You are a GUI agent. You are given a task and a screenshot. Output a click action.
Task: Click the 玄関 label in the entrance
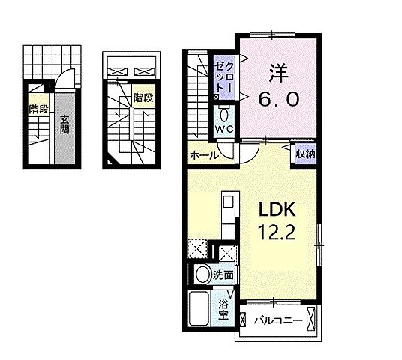[x=64, y=124]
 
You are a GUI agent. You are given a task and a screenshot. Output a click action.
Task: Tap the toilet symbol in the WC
[x=224, y=115]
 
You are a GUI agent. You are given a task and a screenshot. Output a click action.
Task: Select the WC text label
[x=224, y=130]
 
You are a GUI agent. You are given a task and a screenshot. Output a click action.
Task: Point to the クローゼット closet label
[x=224, y=77]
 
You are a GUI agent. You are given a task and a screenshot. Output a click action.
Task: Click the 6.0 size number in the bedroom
[x=279, y=99]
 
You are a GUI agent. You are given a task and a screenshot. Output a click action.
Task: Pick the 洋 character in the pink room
[x=279, y=73]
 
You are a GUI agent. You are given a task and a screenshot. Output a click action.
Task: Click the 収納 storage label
[x=305, y=154]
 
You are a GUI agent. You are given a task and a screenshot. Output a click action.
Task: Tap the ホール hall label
[x=204, y=155]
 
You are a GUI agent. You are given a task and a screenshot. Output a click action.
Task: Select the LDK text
[x=277, y=209]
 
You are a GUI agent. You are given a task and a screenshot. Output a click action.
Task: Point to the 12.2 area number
[x=277, y=232]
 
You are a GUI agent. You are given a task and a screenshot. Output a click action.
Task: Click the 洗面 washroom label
[x=223, y=275]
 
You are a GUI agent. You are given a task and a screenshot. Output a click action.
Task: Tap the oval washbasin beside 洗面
[x=202, y=274]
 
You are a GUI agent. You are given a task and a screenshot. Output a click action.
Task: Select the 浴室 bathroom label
[x=223, y=310]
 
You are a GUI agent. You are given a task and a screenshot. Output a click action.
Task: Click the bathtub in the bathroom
[x=199, y=308]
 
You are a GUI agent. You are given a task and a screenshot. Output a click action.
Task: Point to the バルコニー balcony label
[x=278, y=320]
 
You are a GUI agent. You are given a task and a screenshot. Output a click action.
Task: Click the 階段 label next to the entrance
[x=39, y=109]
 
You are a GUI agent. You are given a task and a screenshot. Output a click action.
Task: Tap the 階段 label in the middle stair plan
[x=143, y=97]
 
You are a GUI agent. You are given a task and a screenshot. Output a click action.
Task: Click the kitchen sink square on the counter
[x=228, y=202]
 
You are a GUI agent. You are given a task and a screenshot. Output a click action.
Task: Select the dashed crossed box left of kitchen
[x=198, y=248]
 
